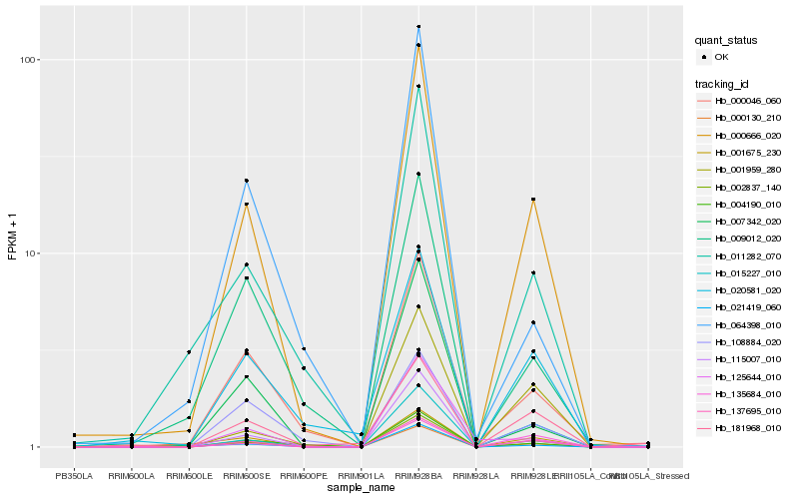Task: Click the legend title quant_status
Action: pos(726,40)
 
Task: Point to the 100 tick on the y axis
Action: pos(28,60)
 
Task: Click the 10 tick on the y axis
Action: pos(31,253)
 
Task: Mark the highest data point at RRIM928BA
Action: pos(418,27)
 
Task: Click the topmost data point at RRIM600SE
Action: pos(246,181)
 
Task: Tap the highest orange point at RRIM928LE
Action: pos(533,200)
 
